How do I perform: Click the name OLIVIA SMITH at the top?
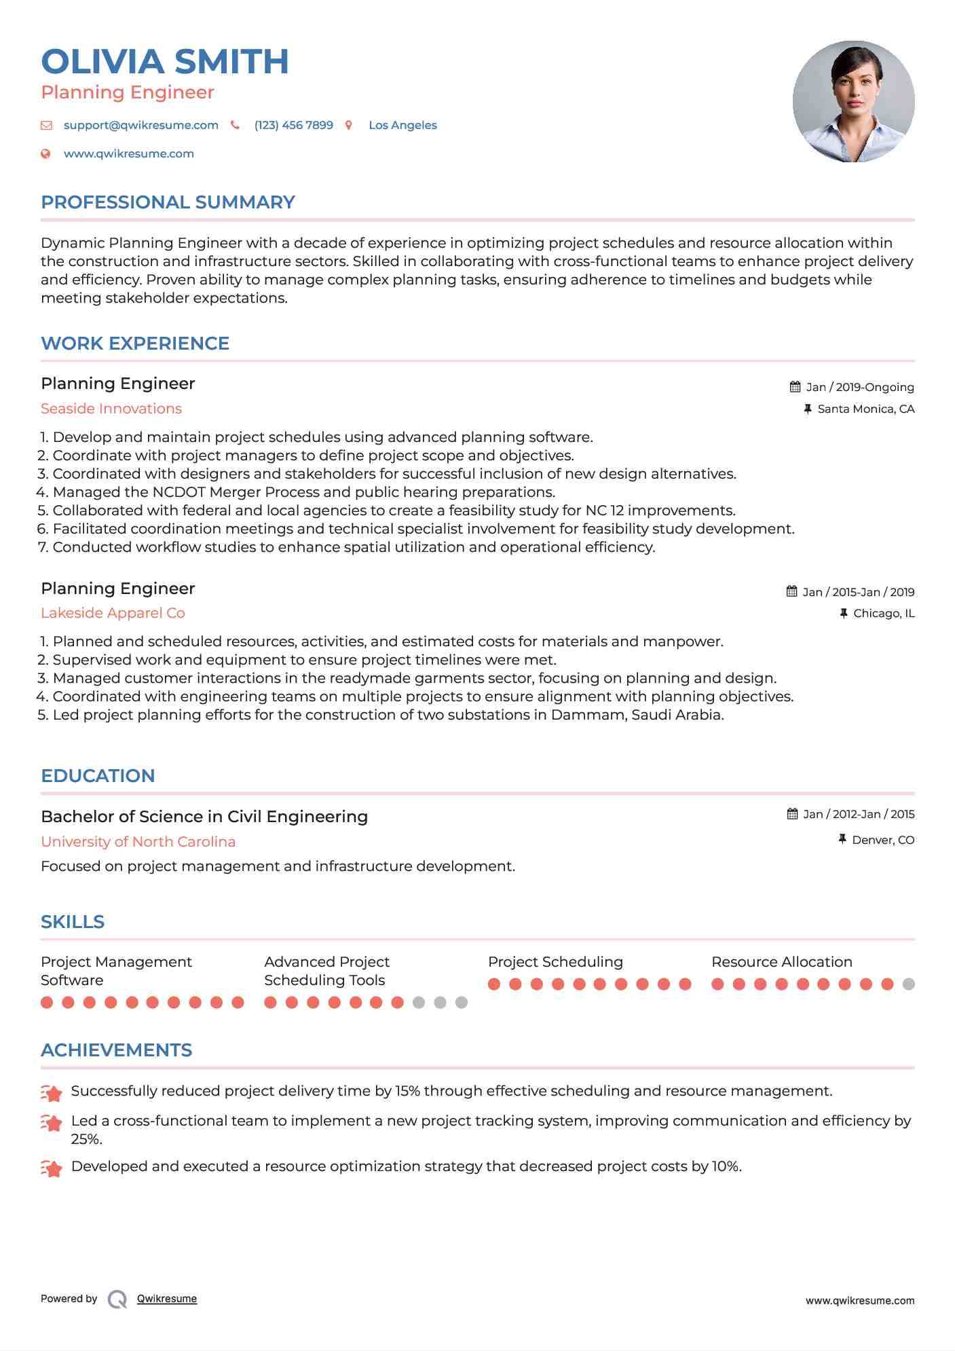[165, 62]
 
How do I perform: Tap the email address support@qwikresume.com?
[141, 126]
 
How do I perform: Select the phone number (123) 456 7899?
[293, 126]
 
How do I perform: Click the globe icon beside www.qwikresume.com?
[45, 154]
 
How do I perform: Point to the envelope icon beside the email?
[46, 126]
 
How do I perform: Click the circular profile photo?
[853, 102]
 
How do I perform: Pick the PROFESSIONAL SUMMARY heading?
[168, 202]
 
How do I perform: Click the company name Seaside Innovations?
[111, 409]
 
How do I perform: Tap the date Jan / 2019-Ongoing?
[859, 388]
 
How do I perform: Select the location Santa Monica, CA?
[865, 409]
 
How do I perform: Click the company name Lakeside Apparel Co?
[113, 613]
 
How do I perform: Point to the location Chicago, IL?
[883, 614]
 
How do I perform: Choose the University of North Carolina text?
[138, 842]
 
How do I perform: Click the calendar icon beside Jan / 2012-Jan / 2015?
[792, 814]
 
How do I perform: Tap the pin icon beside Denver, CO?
[842, 840]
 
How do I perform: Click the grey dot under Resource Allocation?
[909, 984]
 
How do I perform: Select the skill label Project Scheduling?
[555, 962]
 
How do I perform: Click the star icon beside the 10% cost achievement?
[52, 1168]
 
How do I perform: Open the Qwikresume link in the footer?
[167, 1299]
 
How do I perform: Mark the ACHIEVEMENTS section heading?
[116, 1050]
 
